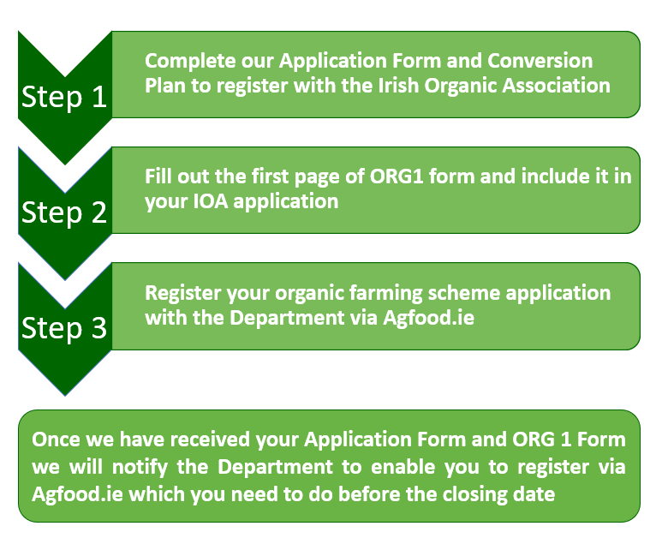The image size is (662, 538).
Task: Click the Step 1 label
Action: tap(64, 97)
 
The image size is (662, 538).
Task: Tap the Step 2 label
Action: tap(64, 212)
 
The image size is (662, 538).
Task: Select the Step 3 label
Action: tap(64, 328)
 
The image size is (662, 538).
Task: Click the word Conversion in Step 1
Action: tap(540, 61)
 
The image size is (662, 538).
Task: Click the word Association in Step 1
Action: tap(556, 86)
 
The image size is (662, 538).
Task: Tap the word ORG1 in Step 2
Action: tap(396, 176)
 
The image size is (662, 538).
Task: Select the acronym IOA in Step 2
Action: tap(211, 201)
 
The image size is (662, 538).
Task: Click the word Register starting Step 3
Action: tap(182, 293)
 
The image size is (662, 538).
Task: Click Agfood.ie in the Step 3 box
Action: tap(428, 318)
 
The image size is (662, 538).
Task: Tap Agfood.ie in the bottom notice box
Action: tap(77, 494)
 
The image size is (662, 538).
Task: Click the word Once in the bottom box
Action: tap(56, 439)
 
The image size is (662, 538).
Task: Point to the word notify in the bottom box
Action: tap(140, 467)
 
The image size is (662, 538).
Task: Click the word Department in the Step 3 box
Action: tap(287, 318)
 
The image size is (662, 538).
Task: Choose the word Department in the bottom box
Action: tap(275, 467)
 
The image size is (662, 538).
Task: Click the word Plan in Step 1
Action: tap(164, 86)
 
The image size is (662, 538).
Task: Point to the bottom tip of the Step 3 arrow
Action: tap(65, 396)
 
